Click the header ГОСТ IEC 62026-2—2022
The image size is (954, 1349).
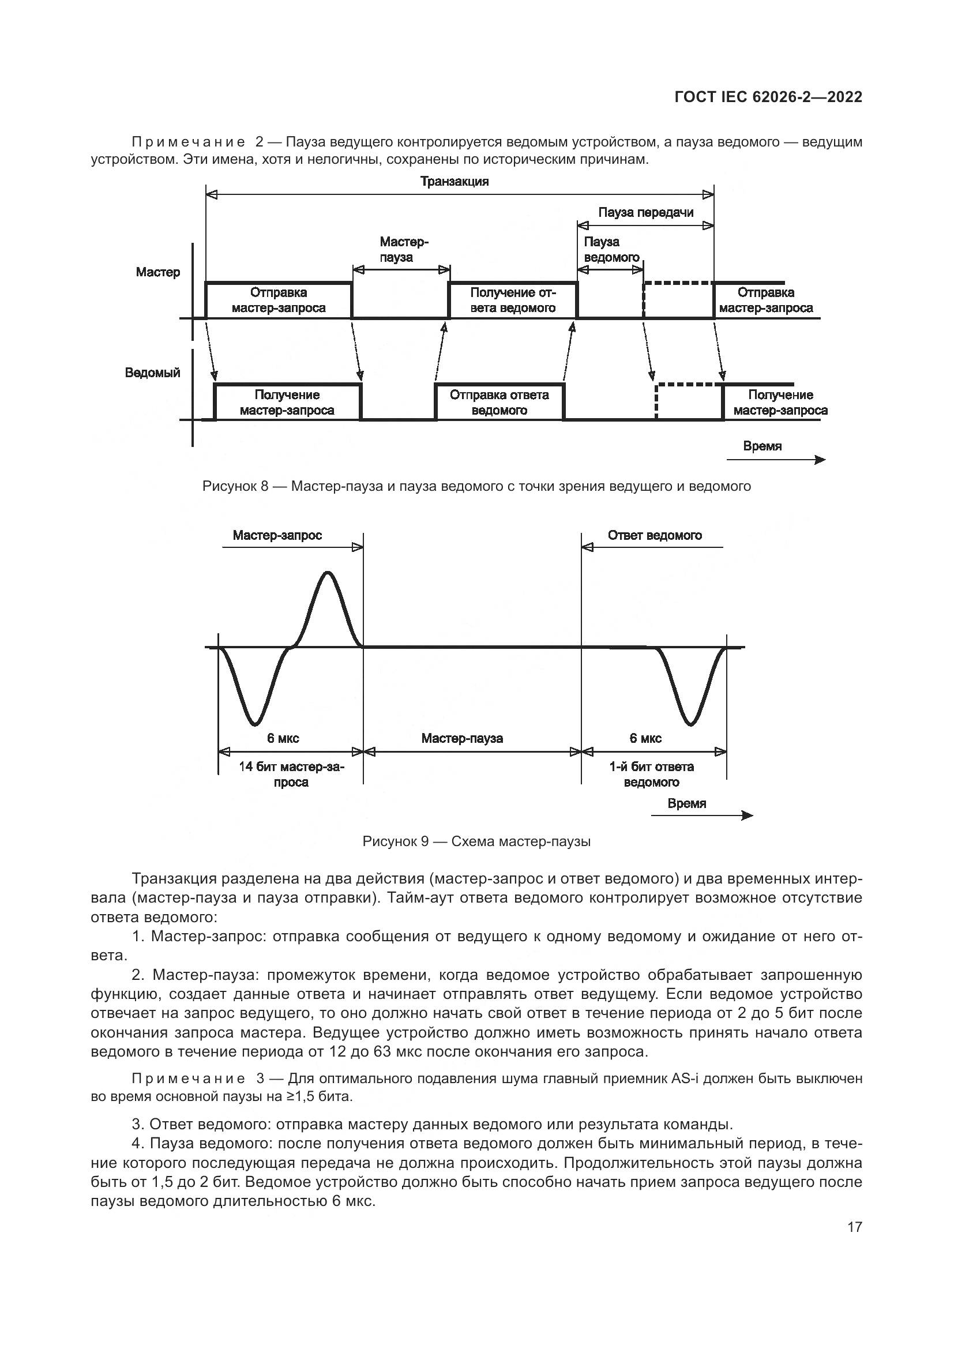[x=768, y=97]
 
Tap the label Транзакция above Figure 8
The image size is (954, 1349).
[x=455, y=181]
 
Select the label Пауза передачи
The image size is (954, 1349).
[x=645, y=212]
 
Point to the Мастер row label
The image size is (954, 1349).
[x=158, y=272]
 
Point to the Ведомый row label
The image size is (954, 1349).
[x=152, y=373]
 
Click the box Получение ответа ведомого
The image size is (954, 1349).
[x=513, y=300]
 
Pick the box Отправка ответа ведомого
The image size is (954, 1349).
[x=499, y=403]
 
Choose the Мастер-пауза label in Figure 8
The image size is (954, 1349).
[x=404, y=249]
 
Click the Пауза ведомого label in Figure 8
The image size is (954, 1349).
[x=611, y=249]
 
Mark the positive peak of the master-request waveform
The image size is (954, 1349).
[x=327, y=573]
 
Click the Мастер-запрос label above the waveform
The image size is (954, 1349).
[x=277, y=535]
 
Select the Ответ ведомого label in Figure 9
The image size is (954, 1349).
[x=655, y=535]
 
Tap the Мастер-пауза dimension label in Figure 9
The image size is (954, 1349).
[x=462, y=738]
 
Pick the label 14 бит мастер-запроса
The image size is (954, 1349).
[x=291, y=775]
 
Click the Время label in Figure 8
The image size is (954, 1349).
[x=762, y=446]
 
